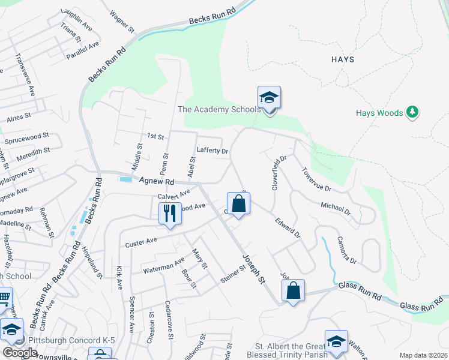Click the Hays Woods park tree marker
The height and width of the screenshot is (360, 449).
(412, 112)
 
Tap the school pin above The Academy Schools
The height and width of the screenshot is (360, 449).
(269, 98)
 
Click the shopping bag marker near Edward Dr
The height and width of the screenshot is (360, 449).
(238, 203)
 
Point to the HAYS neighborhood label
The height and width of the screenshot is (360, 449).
(343, 59)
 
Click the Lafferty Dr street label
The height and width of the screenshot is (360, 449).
(212, 151)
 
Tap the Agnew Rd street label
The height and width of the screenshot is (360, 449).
(155, 181)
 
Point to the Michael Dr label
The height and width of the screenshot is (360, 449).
(336, 208)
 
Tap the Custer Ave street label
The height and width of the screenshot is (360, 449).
(141, 242)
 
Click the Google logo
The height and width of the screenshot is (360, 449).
(20, 353)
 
